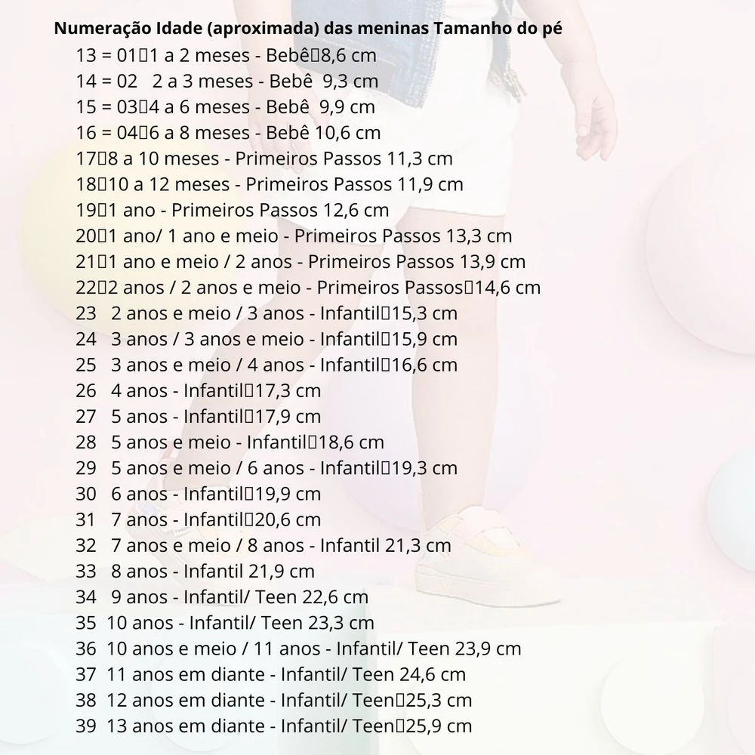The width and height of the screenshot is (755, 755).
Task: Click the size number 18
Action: tap(86, 184)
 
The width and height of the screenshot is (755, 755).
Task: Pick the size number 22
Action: tap(86, 288)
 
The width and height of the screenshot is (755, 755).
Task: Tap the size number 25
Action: tap(86, 365)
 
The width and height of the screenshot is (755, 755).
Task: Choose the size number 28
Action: tap(86, 442)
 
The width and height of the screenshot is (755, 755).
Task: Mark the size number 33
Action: tap(86, 572)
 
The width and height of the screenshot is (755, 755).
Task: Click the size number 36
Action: tap(86, 649)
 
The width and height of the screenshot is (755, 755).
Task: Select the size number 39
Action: tap(86, 726)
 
